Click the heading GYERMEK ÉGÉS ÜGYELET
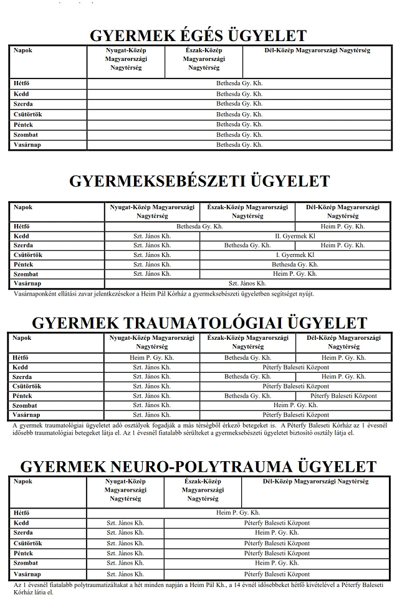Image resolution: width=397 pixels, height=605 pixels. point(198,35)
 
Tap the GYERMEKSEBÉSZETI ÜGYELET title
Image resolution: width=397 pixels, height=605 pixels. point(199,181)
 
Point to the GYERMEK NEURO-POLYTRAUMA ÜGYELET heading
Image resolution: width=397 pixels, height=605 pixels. point(198,467)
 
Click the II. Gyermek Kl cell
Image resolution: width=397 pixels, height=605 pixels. point(295,237)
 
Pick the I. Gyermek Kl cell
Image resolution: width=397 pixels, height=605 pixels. point(295,255)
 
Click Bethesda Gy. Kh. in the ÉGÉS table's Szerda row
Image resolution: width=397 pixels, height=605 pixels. point(239,104)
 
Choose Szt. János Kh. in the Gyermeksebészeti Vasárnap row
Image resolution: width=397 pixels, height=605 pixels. point(247,283)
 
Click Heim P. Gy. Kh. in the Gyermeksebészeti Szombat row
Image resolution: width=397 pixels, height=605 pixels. point(295,274)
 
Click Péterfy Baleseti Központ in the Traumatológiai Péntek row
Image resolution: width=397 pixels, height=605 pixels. point(343,396)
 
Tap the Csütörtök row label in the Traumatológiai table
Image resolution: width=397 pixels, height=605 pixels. point(27,387)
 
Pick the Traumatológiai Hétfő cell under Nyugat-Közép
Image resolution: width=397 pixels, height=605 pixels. point(152,358)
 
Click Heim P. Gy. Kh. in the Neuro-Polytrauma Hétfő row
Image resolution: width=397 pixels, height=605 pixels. point(239,513)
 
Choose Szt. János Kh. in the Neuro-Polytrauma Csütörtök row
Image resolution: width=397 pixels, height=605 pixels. point(125,543)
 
